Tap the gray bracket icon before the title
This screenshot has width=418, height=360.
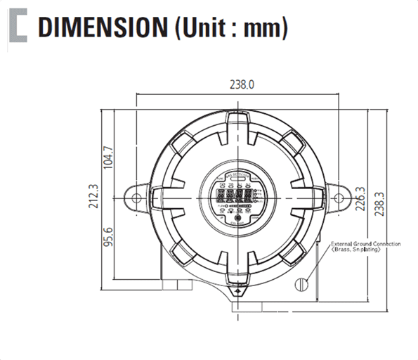(18, 27)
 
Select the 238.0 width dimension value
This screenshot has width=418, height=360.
(241, 84)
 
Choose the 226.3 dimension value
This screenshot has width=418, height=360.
(362, 199)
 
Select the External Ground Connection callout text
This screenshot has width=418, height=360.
(365, 244)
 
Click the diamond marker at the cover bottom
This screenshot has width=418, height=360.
(239, 289)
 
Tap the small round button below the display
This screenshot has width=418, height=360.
(238, 218)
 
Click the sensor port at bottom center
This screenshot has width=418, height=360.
(245, 307)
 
